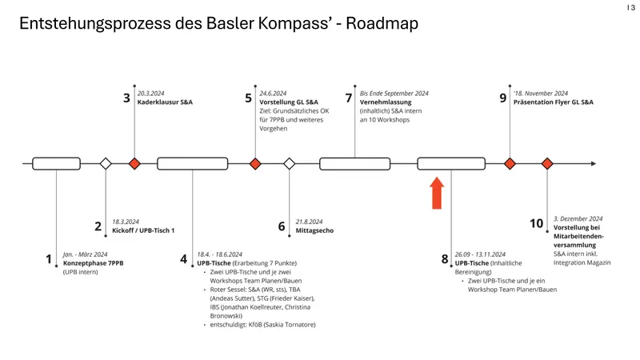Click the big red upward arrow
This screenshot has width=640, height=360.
(437, 194)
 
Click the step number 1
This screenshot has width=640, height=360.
(50, 259)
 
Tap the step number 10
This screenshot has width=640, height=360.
(537, 224)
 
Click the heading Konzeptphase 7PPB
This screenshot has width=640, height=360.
(94, 263)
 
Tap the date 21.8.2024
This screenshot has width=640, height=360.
(309, 222)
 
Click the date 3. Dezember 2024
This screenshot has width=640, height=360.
(578, 218)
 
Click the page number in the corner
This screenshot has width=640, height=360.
(630, 7)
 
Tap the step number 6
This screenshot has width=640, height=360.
(282, 226)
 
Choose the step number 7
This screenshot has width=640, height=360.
(348, 98)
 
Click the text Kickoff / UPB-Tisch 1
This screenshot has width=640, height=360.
(143, 230)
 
